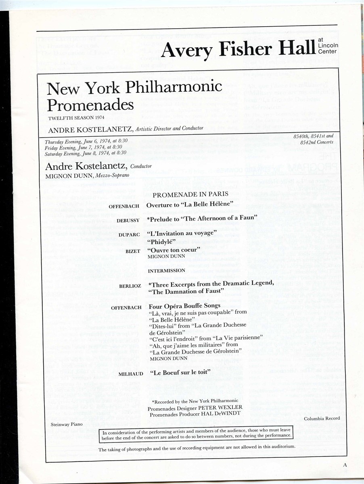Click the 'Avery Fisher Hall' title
click(x=237, y=50)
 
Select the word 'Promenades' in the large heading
click(x=90, y=105)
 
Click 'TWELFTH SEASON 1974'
click(x=74, y=118)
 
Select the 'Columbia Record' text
click(x=322, y=418)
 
